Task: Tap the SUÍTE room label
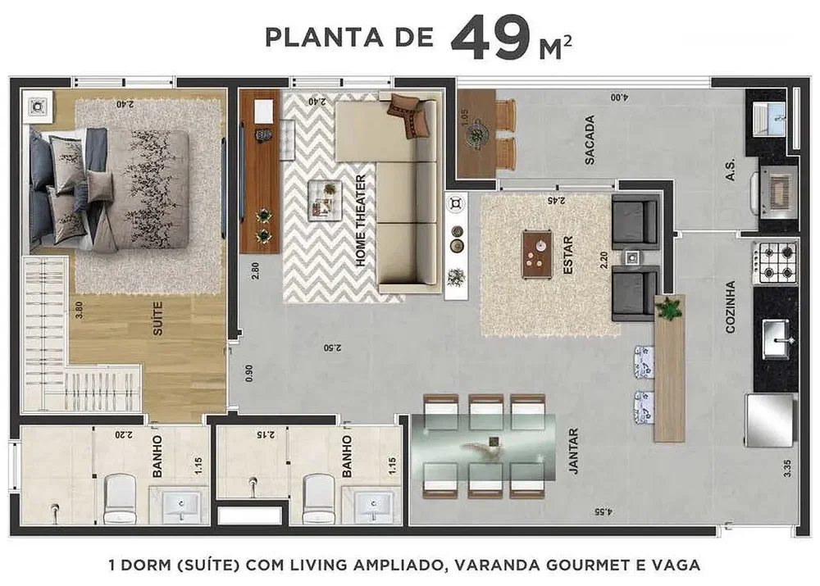pos(157,318)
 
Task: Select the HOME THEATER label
pos(361,220)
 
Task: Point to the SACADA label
pos(590,140)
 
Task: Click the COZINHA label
pos(730,307)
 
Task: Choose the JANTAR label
pos(573,451)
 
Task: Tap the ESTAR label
pos(568,255)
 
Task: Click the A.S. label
pos(730,170)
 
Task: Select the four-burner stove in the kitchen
pos(775,262)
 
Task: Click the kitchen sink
pos(776,338)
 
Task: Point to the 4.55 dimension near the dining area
pos(603,511)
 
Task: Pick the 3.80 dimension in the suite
pos(79,310)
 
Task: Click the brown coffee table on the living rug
pos(537,255)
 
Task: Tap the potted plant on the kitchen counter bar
pos(669,308)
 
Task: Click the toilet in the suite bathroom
pos(121,499)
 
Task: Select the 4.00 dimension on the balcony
pos(618,98)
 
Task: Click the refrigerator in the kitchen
pos(770,420)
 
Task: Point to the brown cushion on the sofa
pos(409,116)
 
